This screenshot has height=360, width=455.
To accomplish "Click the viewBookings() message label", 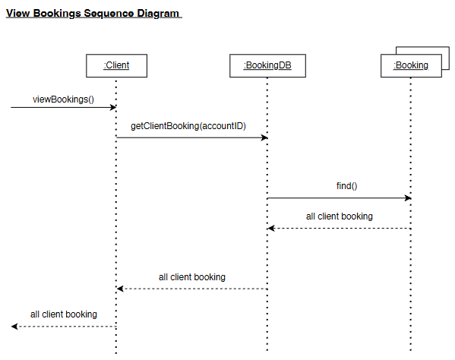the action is [63, 99].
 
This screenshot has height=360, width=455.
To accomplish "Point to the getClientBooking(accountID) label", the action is [188, 126].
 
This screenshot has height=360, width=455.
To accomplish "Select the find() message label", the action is [347, 186].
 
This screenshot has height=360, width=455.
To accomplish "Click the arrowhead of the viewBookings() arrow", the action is [113, 107].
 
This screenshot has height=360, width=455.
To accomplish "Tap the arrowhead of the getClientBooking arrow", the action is [264, 137].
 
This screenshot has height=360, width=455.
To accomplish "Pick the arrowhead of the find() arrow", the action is [408, 198].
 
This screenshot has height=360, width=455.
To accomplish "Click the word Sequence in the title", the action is [109, 14].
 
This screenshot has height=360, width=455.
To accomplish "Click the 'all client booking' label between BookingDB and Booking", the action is [340, 216].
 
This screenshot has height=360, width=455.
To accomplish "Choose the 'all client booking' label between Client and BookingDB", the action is [192, 277].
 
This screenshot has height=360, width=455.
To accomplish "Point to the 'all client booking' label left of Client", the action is [64, 314].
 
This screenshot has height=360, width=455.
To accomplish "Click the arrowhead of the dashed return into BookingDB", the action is [270, 229].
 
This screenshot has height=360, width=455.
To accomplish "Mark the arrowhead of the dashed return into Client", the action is [120, 289].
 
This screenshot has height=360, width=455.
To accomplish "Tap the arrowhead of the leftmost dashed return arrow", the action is [14, 327].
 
